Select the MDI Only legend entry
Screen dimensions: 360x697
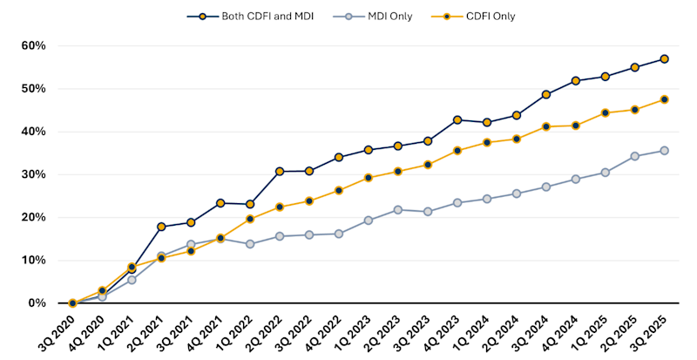point(378,16)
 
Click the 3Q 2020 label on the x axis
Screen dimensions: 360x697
point(58,331)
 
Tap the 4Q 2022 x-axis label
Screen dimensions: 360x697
point(323,331)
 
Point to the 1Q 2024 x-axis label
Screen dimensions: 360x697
point(471,331)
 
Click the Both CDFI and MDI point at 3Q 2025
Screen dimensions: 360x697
point(665,59)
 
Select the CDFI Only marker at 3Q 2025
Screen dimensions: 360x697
point(665,99)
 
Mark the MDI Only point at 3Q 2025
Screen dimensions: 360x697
point(665,150)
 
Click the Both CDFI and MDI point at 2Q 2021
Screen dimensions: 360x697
point(161,227)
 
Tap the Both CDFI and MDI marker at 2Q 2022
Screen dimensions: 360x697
point(280,172)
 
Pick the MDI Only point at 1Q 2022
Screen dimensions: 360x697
point(250,244)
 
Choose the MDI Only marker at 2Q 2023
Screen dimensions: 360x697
point(398,209)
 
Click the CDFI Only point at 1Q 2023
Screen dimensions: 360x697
point(369,178)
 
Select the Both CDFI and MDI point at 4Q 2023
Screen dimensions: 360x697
point(457,119)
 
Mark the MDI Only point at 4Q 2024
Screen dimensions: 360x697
point(576,179)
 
